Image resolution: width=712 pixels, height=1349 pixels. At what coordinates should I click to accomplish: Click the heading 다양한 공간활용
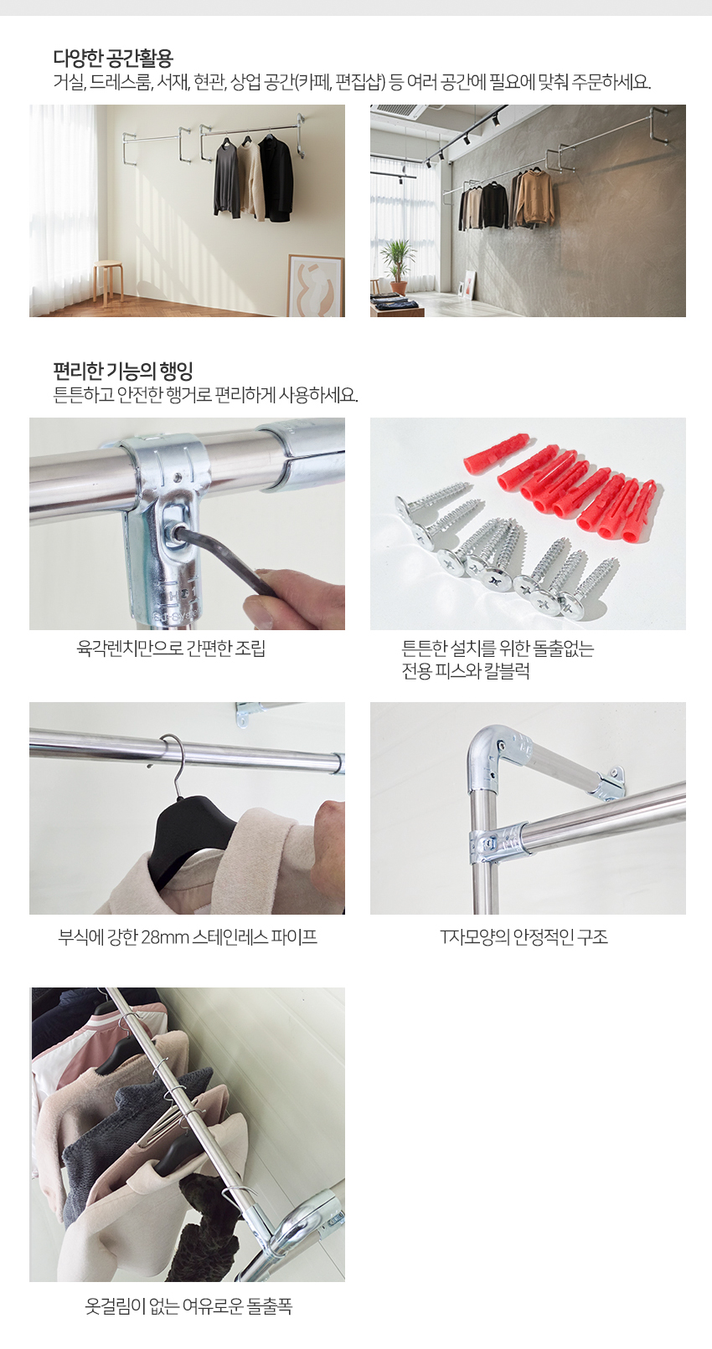113,58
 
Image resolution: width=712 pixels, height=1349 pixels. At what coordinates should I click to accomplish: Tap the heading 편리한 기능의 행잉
123,371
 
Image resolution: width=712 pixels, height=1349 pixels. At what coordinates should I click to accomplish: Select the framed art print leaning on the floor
315,285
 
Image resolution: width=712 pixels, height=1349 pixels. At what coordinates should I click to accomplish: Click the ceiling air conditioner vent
399,110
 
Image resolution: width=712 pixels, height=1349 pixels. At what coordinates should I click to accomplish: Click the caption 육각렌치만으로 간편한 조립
171,649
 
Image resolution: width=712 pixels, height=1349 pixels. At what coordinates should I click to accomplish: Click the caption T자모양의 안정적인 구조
524,937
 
